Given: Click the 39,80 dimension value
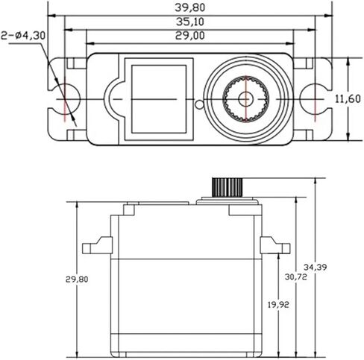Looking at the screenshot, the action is [x=190, y=7].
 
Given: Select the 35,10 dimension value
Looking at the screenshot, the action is [x=190, y=22].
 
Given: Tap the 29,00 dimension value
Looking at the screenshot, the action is [x=190, y=35].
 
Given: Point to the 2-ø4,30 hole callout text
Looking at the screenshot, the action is [x=23, y=36].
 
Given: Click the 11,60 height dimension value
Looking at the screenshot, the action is [x=348, y=99].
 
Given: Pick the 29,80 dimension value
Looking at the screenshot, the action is [x=77, y=280].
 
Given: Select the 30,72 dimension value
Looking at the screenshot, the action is [x=295, y=277].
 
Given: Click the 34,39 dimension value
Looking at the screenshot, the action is [x=315, y=268].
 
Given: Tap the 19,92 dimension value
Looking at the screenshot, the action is [x=278, y=305].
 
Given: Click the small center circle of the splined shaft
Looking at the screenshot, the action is [x=245, y=99].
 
